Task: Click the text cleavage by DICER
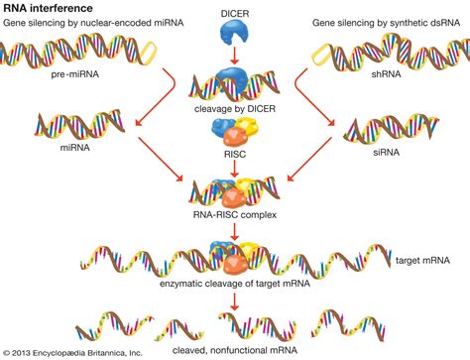[x=235, y=112]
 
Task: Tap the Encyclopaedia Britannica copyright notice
[x=73, y=352]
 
